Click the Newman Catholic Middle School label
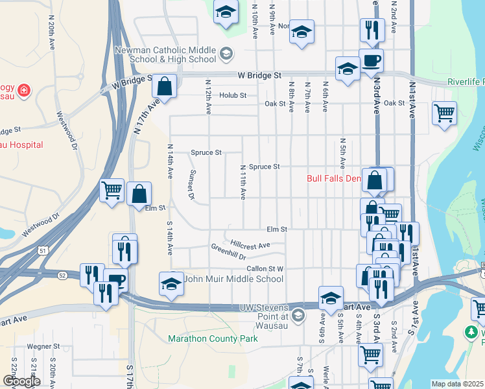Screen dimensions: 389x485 pos(165,54)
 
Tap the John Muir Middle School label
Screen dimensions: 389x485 pos(234,279)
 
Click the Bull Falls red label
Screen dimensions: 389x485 pos(333,178)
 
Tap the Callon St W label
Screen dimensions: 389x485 pos(265,268)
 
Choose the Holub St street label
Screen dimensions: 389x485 pos(233,95)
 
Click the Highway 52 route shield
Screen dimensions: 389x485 pos(62,276)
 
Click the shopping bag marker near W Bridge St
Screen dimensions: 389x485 pos(165,86)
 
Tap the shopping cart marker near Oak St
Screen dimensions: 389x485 pos(444,113)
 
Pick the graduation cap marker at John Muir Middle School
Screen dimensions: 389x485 pos(172,283)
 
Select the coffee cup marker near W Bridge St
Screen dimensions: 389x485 pos(371,61)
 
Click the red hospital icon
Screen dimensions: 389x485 pos(24,90)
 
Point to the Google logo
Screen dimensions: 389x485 pos(21,381)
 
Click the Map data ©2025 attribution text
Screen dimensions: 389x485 pos(457,384)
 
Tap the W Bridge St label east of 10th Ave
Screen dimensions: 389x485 pos(259,75)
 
